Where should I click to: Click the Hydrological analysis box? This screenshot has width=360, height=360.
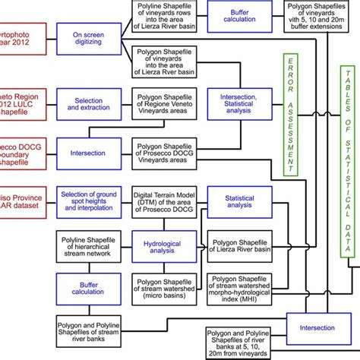[x=166, y=245]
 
